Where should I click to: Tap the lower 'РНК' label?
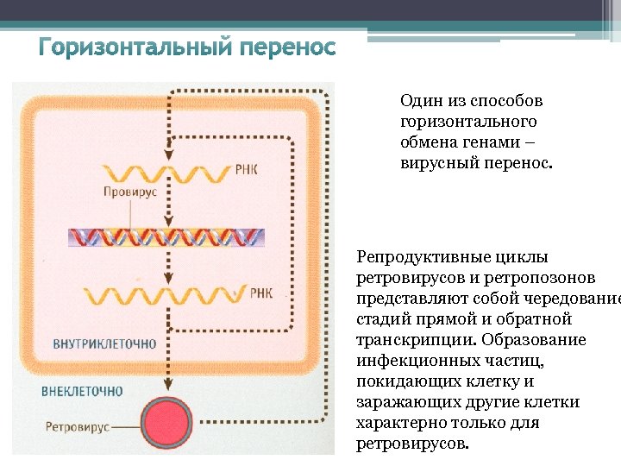tap(260, 293)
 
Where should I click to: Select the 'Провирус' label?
tap(130, 192)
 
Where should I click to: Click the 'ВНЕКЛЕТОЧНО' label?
tap(82, 391)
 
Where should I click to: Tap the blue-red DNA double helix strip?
tap(167, 236)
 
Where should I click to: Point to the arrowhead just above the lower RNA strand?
tap(169, 280)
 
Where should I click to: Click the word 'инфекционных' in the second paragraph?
tap(409, 361)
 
